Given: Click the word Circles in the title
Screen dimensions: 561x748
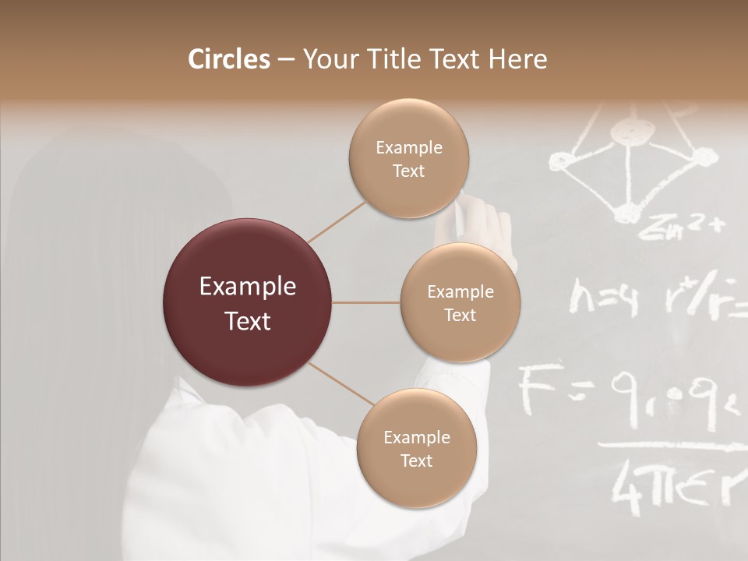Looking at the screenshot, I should [229, 59].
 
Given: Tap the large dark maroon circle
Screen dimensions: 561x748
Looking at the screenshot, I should [248, 302].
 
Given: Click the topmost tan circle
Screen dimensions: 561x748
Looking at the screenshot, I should [408, 158].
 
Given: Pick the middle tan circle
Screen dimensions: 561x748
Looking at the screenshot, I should [460, 302].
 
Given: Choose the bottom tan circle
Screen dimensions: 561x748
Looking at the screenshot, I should [416, 448].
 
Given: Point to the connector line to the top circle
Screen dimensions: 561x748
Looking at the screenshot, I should [336, 221].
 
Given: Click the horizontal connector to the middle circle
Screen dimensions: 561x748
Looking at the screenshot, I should [366, 302].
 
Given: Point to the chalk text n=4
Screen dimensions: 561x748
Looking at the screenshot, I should [603, 299].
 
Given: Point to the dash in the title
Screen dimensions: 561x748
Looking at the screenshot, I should [285, 60].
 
